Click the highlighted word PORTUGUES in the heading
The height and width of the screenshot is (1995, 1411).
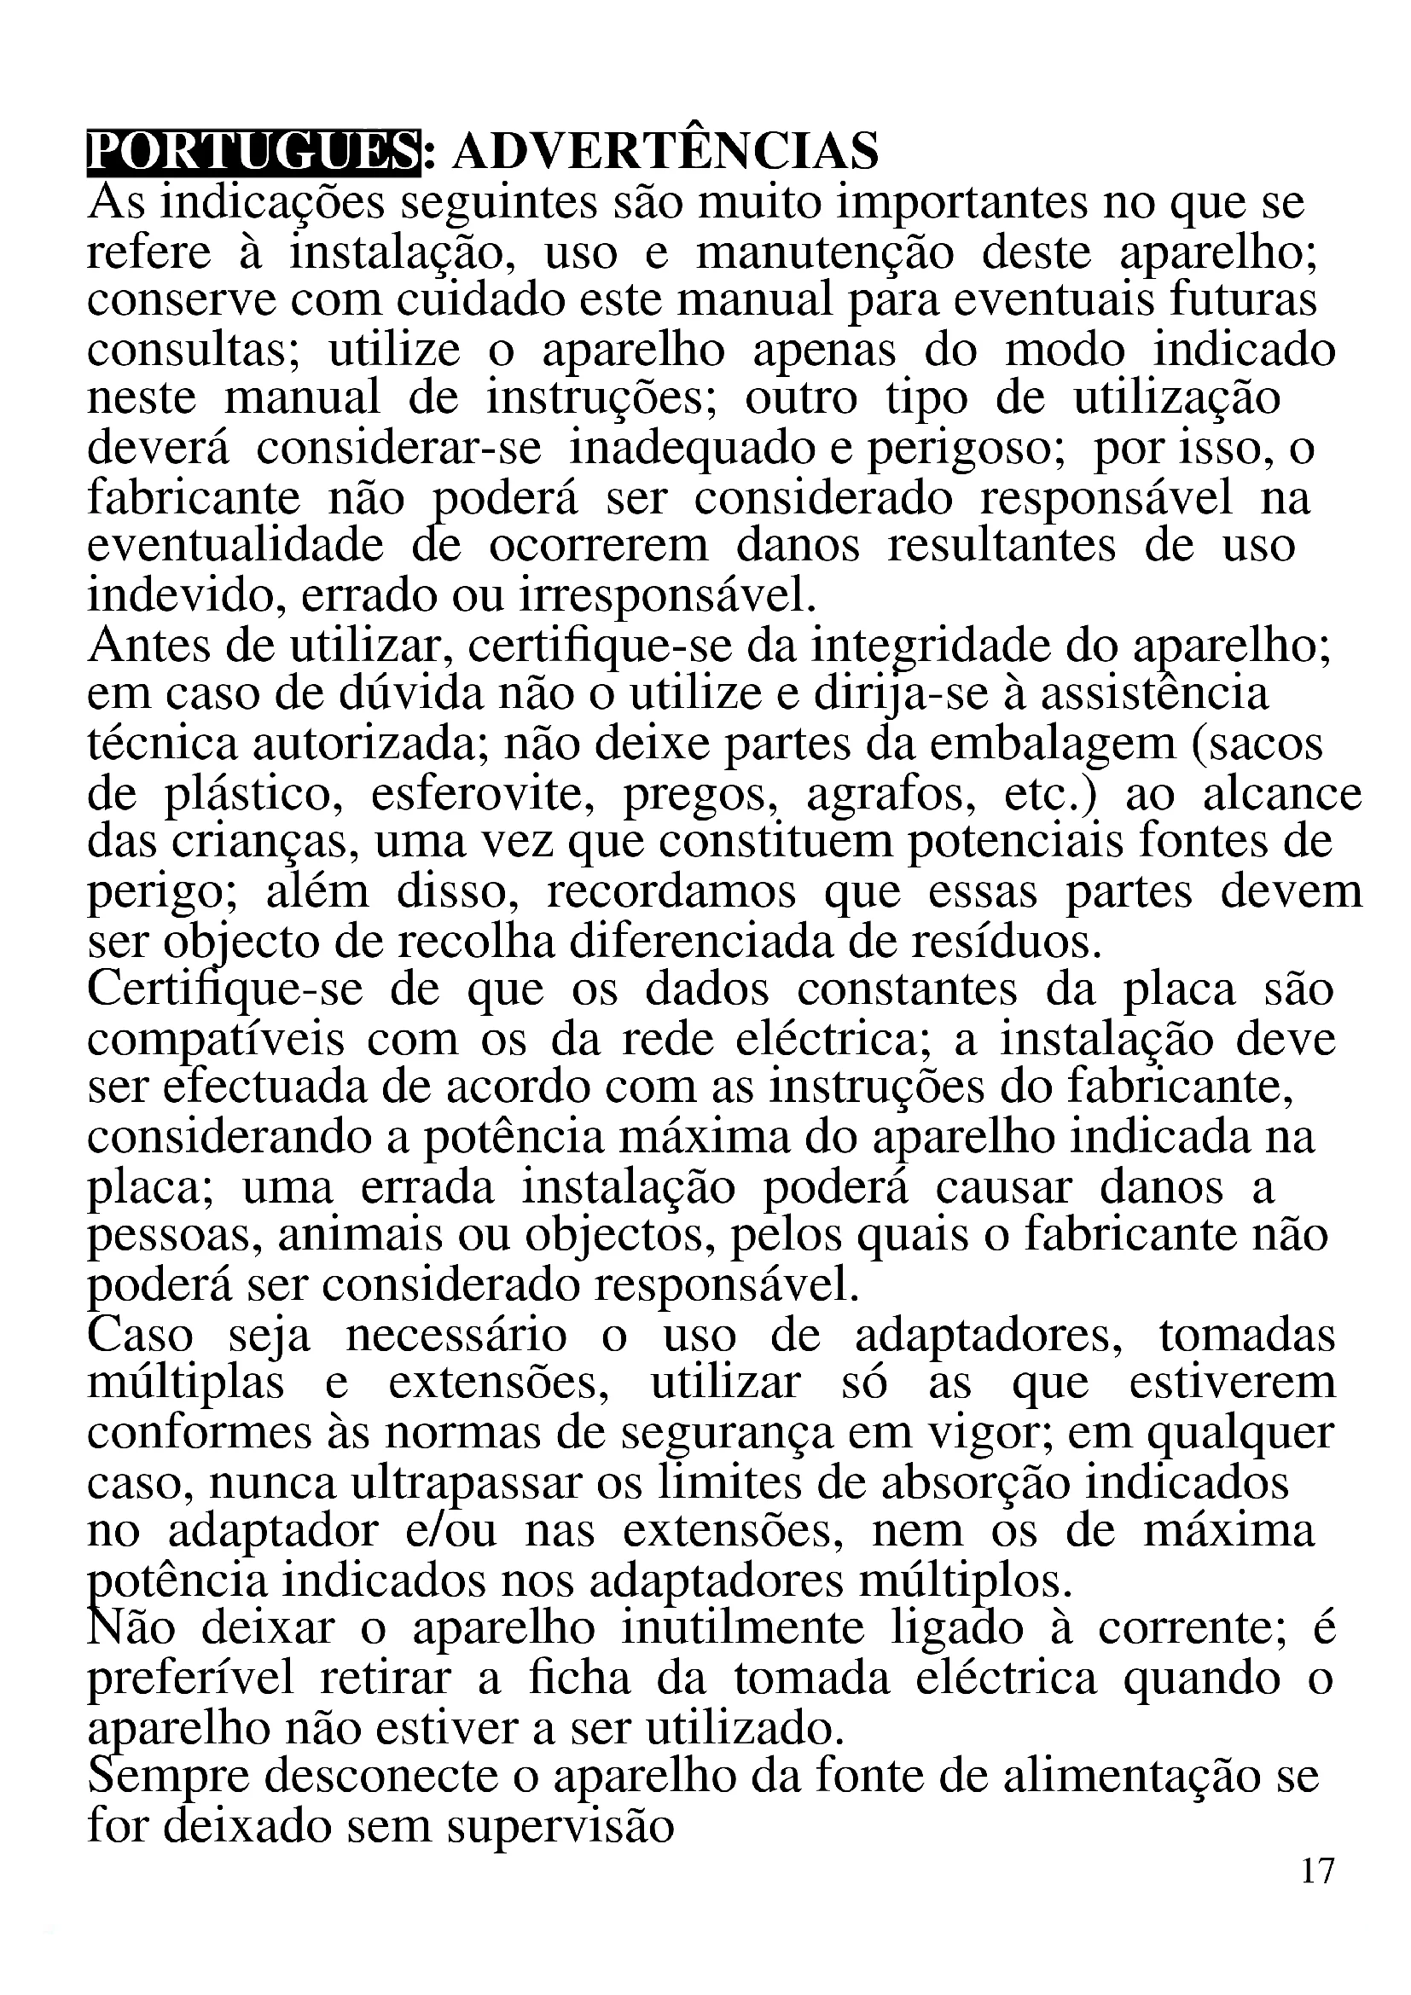253,152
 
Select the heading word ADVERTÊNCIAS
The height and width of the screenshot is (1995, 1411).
665,152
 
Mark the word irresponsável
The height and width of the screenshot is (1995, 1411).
668,596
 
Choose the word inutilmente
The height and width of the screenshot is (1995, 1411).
743,1629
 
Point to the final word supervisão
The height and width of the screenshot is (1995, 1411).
561,1826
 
